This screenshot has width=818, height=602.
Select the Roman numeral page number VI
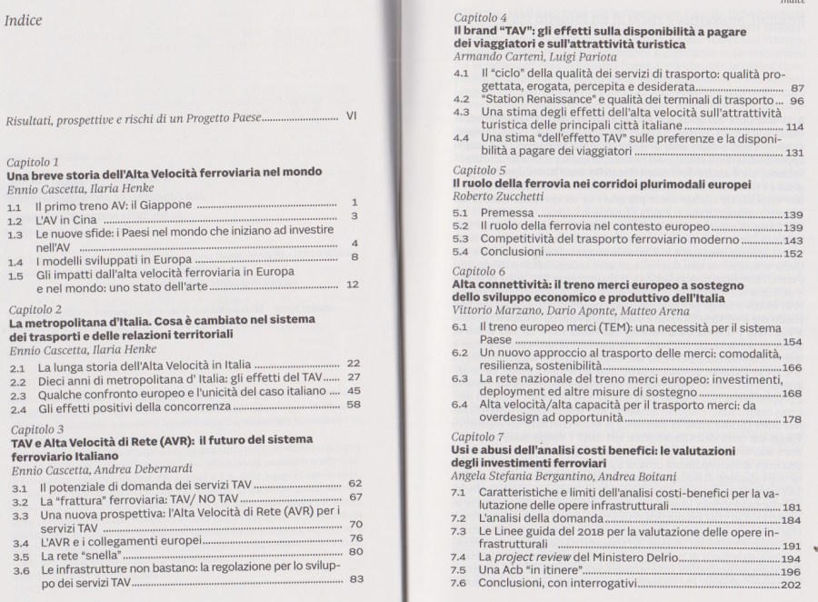[x=353, y=116]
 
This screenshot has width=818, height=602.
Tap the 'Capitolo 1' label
[x=34, y=160]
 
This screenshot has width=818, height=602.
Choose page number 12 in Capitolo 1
[x=354, y=286]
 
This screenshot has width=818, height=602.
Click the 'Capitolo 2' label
[x=35, y=310]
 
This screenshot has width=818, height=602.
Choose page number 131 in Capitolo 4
[x=793, y=153]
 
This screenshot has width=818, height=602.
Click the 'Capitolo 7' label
[x=484, y=436]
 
